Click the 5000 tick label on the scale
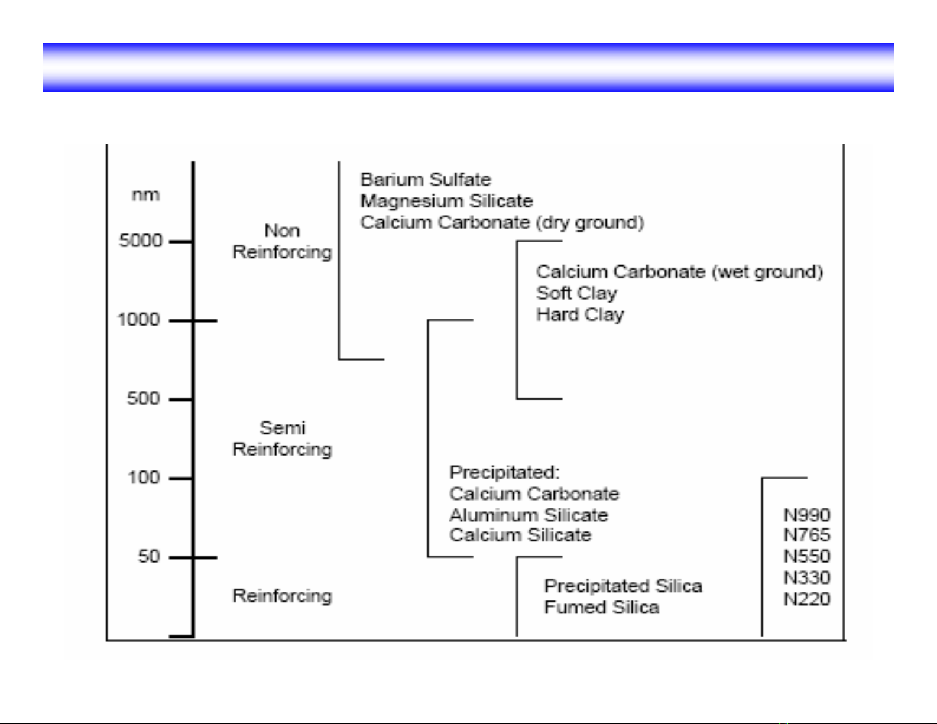click(141, 241)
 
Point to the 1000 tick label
click(139, 320)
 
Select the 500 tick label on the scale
click(144, 399)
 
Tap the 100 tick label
click(144, 478)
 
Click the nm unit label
click(145, 195)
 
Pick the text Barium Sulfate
click(426, 180)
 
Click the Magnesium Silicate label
click(446, 201)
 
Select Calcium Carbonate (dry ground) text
click(502, 223)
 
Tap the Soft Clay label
click(576, 293)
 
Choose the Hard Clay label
click(580, 314)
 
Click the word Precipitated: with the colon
click(504, 472)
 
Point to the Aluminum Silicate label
click(529, 515)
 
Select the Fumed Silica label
click(601, 608)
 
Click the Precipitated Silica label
click(623, 586)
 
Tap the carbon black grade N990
click(807, 515)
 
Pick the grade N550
click(807, 556)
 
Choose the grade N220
click(807, 599)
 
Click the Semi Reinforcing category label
click(282, 439)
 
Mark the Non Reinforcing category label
click(282, 241)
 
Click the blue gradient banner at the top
click(468, 67)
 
